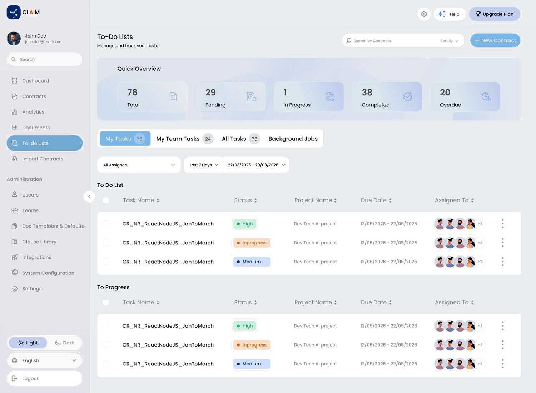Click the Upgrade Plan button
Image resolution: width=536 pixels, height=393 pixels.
(x=494, y=14)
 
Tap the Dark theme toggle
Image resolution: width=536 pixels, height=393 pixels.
(x=65, y=343)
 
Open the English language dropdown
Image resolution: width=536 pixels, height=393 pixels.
(x=45, y=361)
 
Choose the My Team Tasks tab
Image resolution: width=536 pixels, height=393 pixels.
(x=184, y=139)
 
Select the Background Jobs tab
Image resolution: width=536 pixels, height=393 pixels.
(x=293, y=139)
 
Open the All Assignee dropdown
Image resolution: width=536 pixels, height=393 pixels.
(x=139, y=165)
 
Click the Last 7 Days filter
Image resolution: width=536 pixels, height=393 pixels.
(x=204, y=165)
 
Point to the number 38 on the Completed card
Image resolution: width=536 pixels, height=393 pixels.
(x=367, y=92)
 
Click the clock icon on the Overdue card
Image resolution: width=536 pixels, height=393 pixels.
(x=486, y=96)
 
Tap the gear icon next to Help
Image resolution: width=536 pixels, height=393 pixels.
(x=424, y=14)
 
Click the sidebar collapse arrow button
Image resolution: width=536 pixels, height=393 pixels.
(x=89, y=196)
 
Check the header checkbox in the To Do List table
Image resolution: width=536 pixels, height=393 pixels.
(x=105, y=200)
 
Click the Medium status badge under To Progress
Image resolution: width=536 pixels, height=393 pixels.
(x=252, y=364)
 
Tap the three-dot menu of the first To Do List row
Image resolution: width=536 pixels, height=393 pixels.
(x=503, y=224)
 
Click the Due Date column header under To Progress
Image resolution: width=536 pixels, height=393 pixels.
(x=376, y=302)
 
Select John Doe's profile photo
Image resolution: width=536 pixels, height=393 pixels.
(x=14, y=39)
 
